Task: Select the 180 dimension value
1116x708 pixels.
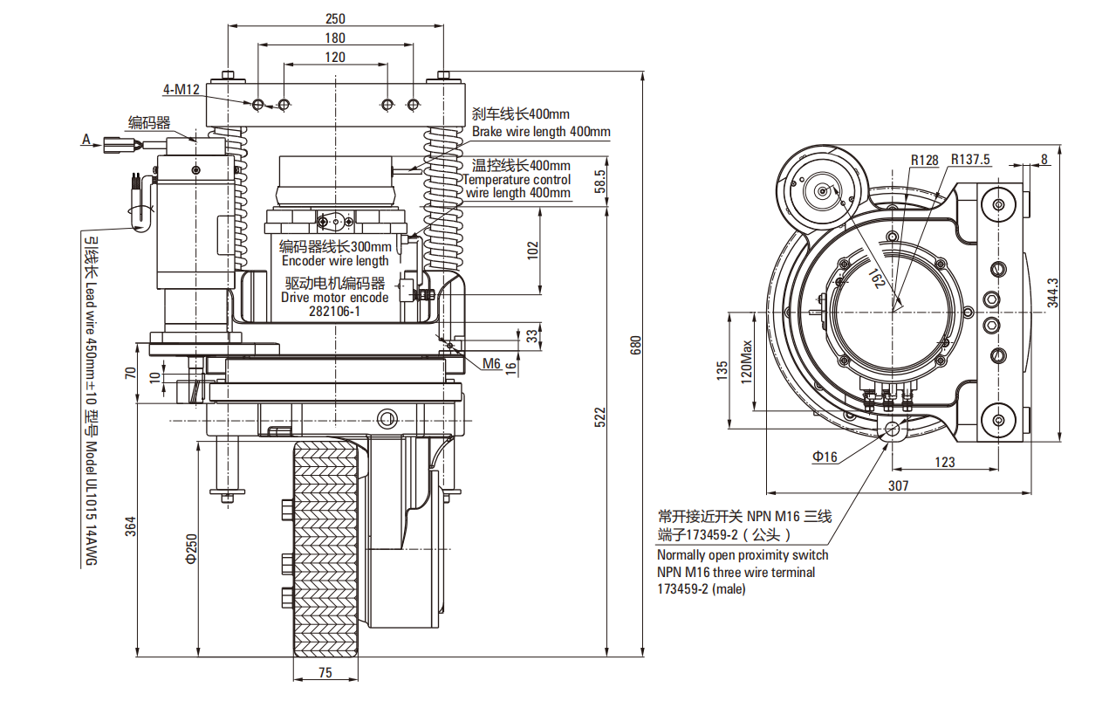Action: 334,38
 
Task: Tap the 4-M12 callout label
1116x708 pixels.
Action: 181,89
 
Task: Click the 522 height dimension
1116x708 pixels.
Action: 599,418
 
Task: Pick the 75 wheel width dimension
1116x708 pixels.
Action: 325,672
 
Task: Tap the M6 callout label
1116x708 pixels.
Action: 491,364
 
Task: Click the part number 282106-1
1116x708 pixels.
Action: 334,311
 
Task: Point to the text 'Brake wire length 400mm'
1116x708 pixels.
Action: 541,132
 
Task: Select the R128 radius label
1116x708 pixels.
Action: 924,160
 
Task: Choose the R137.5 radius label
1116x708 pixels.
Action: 970,160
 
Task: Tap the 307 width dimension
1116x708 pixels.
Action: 898,485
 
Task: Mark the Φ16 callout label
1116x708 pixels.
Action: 825,457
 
